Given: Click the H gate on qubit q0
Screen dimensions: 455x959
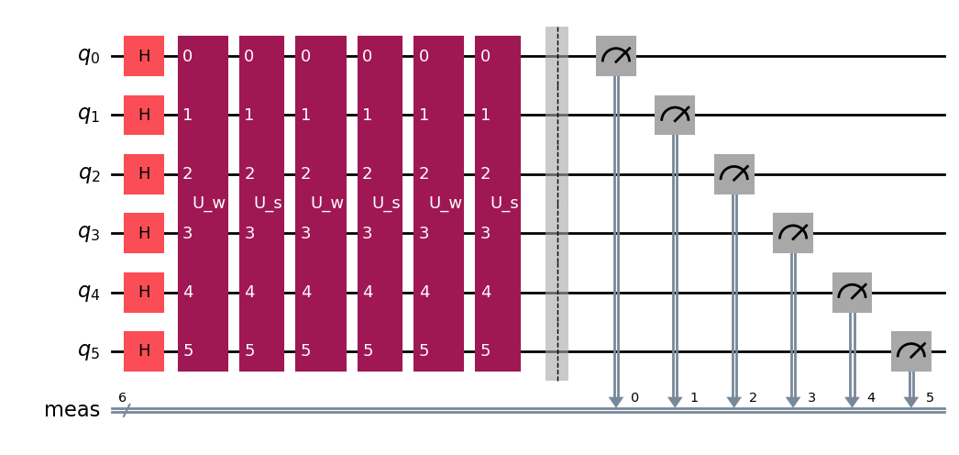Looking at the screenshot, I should click(144, 56).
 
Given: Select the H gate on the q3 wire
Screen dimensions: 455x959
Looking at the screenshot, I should click(144, 233).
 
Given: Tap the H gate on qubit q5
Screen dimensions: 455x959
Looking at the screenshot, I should click(144, 351).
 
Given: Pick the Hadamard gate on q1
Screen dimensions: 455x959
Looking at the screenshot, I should click(144, 115).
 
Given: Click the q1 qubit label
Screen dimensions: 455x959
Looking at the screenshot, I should click(88, 115).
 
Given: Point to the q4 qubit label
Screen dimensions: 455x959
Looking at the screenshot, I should click(88, 293).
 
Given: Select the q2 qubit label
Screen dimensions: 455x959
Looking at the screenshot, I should click(88, 174).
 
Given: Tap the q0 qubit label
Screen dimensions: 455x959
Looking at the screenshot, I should click(88, 56).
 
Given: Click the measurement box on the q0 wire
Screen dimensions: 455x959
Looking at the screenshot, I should click(616, 56).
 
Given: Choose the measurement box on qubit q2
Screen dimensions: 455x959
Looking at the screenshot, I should click(734, 174).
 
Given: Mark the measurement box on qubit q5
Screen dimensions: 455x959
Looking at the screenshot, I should click(911, 351).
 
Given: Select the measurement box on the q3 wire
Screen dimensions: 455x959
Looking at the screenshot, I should click(793, 233).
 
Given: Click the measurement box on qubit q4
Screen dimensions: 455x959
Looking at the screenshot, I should click(852, 293).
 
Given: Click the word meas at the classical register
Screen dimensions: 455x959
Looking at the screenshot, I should click(72, 410).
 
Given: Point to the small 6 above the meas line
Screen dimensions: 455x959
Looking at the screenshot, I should click(122, 397).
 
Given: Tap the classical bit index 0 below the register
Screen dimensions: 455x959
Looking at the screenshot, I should click(634, 398).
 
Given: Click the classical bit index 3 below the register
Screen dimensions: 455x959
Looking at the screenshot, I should click(811, 398).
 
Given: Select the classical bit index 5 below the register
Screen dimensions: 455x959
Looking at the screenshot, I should click(930, 398).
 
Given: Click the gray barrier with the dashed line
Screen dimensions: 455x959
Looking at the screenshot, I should click(557, 204).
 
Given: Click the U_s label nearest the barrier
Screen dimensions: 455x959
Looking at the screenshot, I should click(504, 203).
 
